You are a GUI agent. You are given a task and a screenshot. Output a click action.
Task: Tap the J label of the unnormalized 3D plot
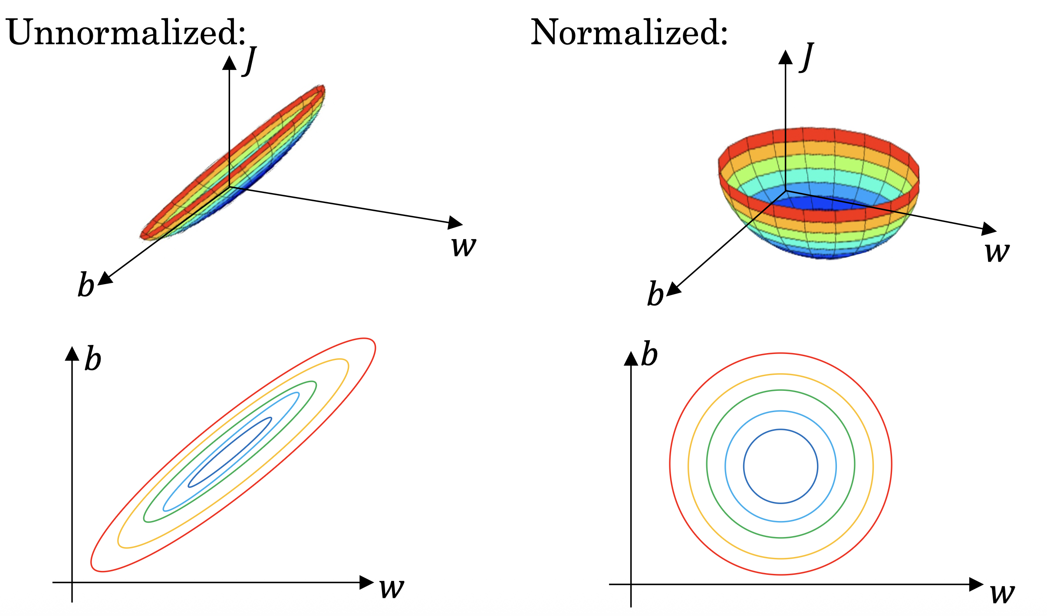250,60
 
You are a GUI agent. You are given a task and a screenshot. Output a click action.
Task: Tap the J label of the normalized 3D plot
807,56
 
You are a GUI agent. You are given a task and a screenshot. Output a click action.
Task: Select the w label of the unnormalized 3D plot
464,246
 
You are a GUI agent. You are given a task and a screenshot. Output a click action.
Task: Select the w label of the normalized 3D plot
997,252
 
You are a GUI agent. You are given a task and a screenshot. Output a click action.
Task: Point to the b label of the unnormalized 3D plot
86,285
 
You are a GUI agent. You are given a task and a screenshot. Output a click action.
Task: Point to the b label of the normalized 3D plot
655,294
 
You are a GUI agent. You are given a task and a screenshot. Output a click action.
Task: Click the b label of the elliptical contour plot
93,358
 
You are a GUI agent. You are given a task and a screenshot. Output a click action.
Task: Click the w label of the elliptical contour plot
392,589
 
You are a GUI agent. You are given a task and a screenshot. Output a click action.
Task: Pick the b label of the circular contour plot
649,354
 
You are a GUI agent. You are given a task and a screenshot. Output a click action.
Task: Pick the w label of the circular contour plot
1003,594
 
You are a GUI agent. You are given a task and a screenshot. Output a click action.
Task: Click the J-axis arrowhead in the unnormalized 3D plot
229,63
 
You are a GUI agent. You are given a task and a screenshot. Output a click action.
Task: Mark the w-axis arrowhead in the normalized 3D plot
989,229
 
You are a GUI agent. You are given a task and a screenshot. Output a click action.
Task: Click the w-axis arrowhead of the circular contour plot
976,584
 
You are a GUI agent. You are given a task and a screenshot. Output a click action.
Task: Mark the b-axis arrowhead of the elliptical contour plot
72,354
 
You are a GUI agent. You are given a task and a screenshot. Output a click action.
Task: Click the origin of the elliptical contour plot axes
72,582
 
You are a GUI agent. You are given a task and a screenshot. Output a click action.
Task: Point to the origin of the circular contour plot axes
631,584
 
